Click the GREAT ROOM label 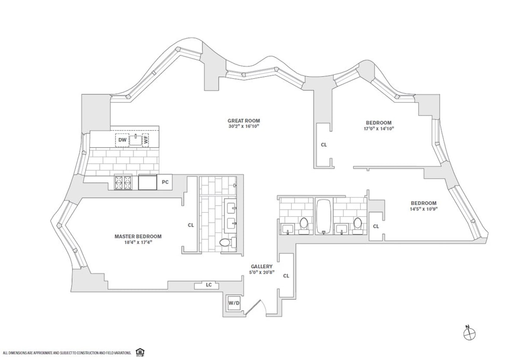(x=243, y=121)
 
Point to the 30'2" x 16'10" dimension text (x=243, y=127)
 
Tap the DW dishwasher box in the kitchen (x=122, y=140)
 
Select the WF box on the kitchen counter (x=146, y=140)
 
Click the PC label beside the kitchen (x=165, y=183)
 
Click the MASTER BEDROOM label (x=138, y=236)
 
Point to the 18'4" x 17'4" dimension (x=138, y=242)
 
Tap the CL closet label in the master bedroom (x=190, y=225)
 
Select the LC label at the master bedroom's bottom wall (x=208, y=285)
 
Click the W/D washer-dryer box (x=234, y=303)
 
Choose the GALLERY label (x=262, y=267)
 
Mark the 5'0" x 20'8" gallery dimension (x=262, y=273)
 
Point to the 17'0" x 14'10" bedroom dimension (x=378, y=129)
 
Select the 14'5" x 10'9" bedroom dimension (x=423, y=209)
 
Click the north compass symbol (x=469, y=333)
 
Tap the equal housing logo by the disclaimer (x=139, y=351)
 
